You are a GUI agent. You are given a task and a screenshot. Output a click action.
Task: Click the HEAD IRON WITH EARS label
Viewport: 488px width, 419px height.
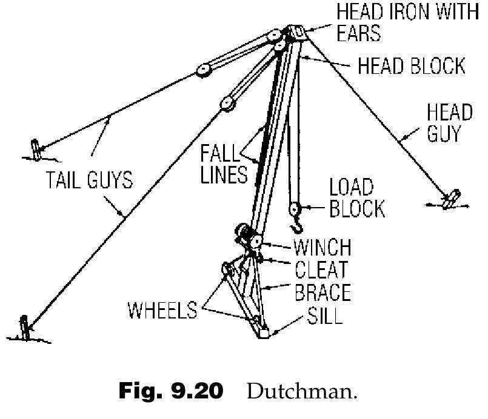point(408,22)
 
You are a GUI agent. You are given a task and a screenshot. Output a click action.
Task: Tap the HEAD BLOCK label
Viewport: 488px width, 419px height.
point(412,66)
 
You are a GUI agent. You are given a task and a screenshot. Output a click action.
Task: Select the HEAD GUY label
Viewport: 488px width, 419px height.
point(449,123)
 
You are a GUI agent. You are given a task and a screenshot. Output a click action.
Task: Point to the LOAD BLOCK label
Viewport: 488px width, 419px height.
point(357,197)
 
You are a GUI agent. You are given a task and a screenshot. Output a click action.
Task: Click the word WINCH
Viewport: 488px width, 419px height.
point(323,248)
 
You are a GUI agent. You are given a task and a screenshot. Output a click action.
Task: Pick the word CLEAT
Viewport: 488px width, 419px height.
point(321,269)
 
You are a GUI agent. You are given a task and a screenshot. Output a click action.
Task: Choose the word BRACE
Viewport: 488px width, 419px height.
point(323,292)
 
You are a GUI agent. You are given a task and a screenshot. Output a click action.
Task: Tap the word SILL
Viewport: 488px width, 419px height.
point(325,315)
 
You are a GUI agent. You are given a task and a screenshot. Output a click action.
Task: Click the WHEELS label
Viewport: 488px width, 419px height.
point(162,309)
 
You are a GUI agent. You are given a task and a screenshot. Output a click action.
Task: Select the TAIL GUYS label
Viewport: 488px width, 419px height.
point(89,180)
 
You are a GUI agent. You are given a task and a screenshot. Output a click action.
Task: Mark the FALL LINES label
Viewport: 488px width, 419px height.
point(224,164)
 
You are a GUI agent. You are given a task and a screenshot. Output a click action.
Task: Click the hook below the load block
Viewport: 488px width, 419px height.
point(297,225)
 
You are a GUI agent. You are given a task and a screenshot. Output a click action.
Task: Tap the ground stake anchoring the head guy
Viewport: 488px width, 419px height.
point(451,199)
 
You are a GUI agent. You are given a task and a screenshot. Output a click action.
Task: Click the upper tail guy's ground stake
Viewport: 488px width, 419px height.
point(36,150)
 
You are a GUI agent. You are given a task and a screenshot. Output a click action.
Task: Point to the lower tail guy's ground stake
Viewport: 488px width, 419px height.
point(25,328)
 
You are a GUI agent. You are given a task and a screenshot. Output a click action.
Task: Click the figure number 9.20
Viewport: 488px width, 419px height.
point(197,391)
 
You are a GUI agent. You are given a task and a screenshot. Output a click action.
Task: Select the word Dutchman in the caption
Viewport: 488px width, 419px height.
point(302,391)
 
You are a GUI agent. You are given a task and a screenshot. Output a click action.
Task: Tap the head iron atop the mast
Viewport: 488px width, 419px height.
point(296,32)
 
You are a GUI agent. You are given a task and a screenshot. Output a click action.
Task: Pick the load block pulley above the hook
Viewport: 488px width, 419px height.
point(295,209)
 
